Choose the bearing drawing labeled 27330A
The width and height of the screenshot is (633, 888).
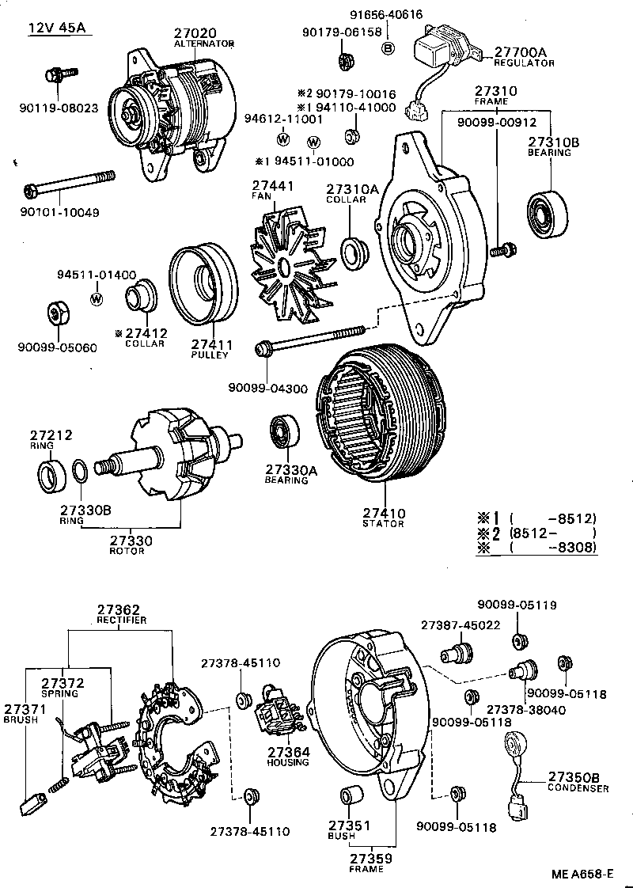(x=282, y=434)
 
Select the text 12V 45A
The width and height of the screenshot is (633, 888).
(x=56, y=29)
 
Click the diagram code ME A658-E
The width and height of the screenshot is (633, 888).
(x=582, y=875)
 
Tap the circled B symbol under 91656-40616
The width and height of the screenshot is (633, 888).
(x=389, y=48)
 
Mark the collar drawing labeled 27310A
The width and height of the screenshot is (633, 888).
(x=354, y=252)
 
